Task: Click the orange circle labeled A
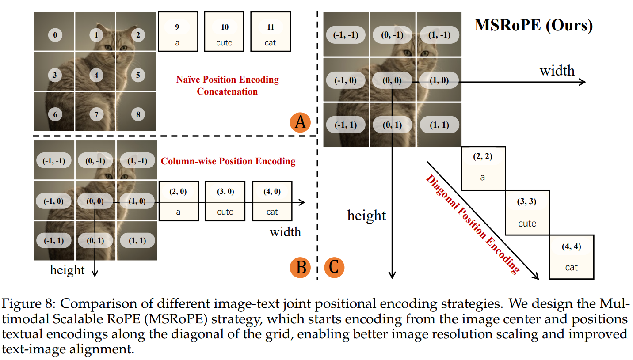[300, 122]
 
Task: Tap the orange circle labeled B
[300, 267]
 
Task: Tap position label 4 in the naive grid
[96, 75]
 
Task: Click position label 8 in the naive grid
[138, 114]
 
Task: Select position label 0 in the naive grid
[55, 34]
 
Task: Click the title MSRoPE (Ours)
[533, 25]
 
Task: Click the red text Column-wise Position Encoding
[228, 161]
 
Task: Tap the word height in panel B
[68, 270]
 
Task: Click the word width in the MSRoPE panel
[557, 71]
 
